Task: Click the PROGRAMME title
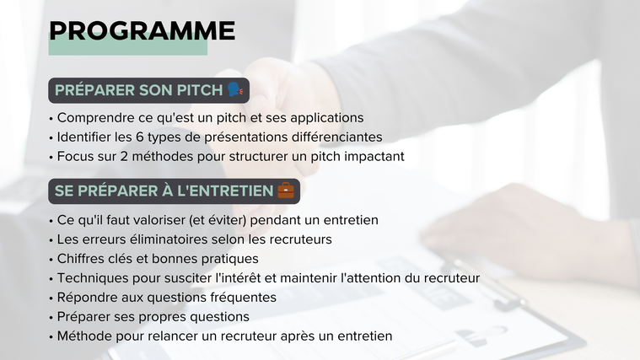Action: tap(142, 31)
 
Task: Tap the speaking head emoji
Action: tap(235, 89)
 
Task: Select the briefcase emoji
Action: tap(286, 191)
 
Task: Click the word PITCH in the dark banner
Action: tap(199, 90)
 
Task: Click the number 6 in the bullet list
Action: tap(140, 137)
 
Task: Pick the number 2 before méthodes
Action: tap(124, 156)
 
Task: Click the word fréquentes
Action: tap(243, 298)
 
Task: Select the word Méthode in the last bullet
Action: tap(84, 336)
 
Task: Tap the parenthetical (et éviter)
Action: tap(218, 220)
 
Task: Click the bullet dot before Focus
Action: tap(51, 158)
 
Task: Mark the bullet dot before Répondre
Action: tap(51, 298)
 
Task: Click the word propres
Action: tap(161, 318)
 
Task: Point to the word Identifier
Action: tap(83, 137)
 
